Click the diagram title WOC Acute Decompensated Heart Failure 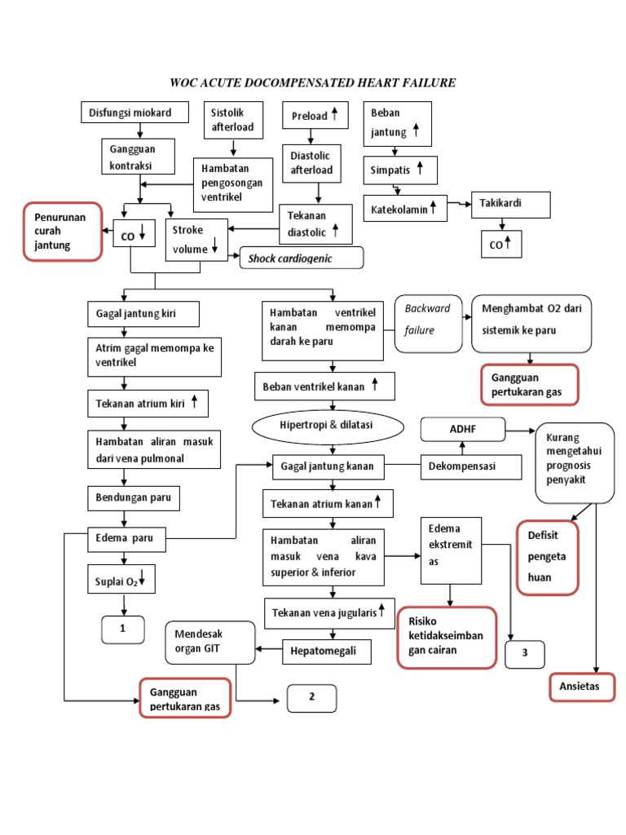(312, 82)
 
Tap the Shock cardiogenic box (301, 258)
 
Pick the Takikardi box (510, 204)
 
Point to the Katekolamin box (405, 209)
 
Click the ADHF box (462, 428)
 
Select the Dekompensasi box (470, 467)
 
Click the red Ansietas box (581, 687)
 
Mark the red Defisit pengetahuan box (547, 557)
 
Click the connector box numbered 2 (311, 698)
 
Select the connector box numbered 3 (525, 653)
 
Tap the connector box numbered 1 (123, 629)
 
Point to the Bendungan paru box (134, 497)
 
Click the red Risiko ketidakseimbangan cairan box (447, 637)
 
